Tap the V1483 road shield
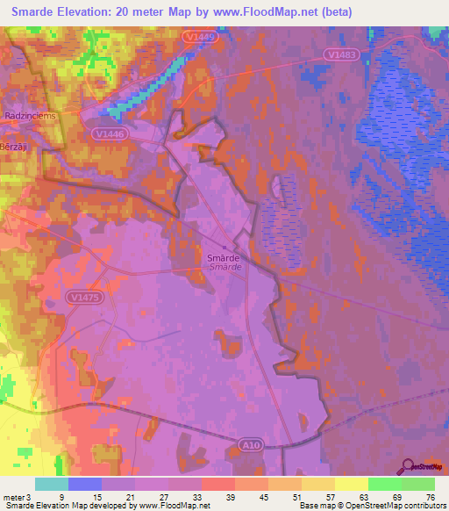[342, 54]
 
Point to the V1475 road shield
[85, 298]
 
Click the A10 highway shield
[249, 446]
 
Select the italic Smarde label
[225, 268]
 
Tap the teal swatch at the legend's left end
[52, 484]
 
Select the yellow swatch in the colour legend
[351, 484]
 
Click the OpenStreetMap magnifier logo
[410, 467]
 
